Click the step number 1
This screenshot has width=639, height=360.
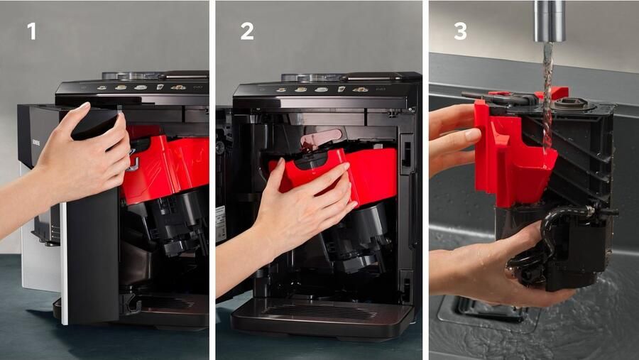pos(31,31)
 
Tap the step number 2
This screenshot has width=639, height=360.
pos(246,31)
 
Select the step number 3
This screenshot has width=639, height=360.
pos(460,31)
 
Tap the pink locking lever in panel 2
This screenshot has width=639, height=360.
pos(320,138)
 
